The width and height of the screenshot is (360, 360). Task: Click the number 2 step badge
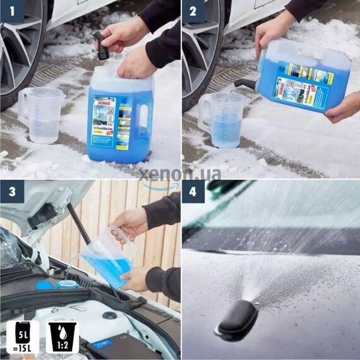point(193,11)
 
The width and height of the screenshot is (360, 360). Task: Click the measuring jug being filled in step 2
point(221,120)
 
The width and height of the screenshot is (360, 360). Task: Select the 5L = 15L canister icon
point(22,335)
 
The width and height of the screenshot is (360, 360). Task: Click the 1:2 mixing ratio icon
point(61,335)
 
